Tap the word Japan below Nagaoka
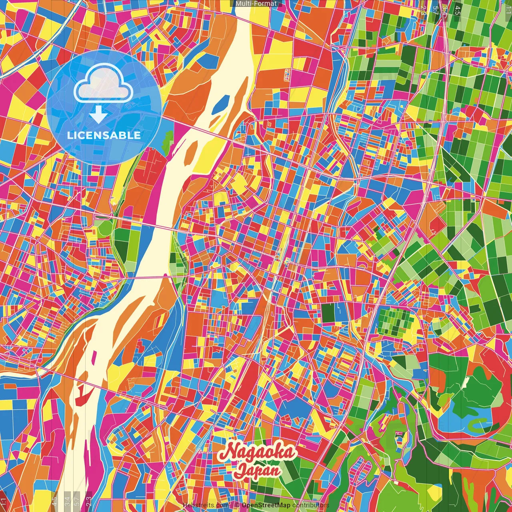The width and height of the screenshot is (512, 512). (258, 470)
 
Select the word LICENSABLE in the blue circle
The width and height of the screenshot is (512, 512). (104, 135)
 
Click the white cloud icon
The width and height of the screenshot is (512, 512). (103, 84)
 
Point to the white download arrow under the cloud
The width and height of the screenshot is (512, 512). (98, 114)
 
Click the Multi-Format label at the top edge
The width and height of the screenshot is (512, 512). (256, 4)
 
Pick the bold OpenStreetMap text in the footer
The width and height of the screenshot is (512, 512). (266, 505)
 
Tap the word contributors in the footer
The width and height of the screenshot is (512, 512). (310, 505)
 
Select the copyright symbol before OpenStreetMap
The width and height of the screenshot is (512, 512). (237, 505)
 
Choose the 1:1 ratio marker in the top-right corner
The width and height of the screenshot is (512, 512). (508, 7)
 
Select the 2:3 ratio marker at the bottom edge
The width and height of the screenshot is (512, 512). (89, 501)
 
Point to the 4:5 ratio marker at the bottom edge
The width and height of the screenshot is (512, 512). (54, 501)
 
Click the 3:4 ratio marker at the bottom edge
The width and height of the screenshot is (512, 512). (67, 501)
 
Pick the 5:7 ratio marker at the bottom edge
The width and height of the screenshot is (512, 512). (77, 501)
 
